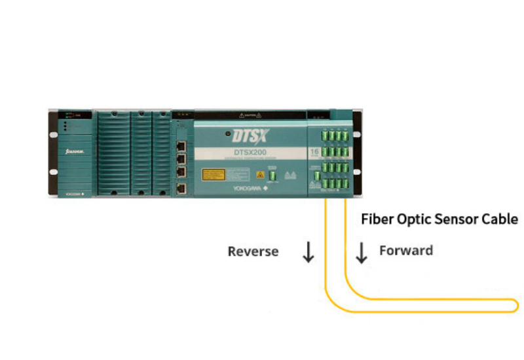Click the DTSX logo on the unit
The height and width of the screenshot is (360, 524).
coord(247,136)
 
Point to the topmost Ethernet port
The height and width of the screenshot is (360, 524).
coord(181,143)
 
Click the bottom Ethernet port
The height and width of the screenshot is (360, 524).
coord(181,189)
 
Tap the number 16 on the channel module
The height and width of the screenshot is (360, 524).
coord(314,152)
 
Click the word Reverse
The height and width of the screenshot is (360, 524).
coord(253,251)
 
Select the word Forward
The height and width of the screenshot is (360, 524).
coord(406,250)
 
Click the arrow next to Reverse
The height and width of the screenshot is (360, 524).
coord(308,252)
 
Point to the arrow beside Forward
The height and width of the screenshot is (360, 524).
coord(361,252)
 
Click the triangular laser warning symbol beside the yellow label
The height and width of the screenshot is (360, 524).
coord(260,175)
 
